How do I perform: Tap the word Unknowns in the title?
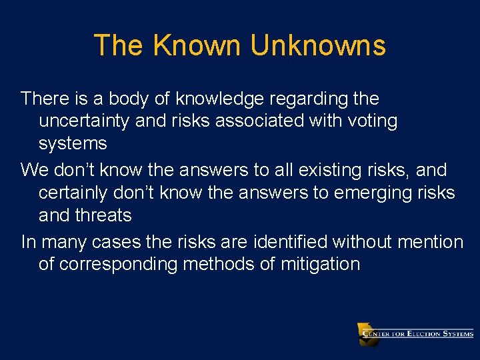[318, 45]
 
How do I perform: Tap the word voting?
[371, 121]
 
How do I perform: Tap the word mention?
[431, 241]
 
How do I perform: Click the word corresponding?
[118, 264]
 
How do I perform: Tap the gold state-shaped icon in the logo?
[367, 333]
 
